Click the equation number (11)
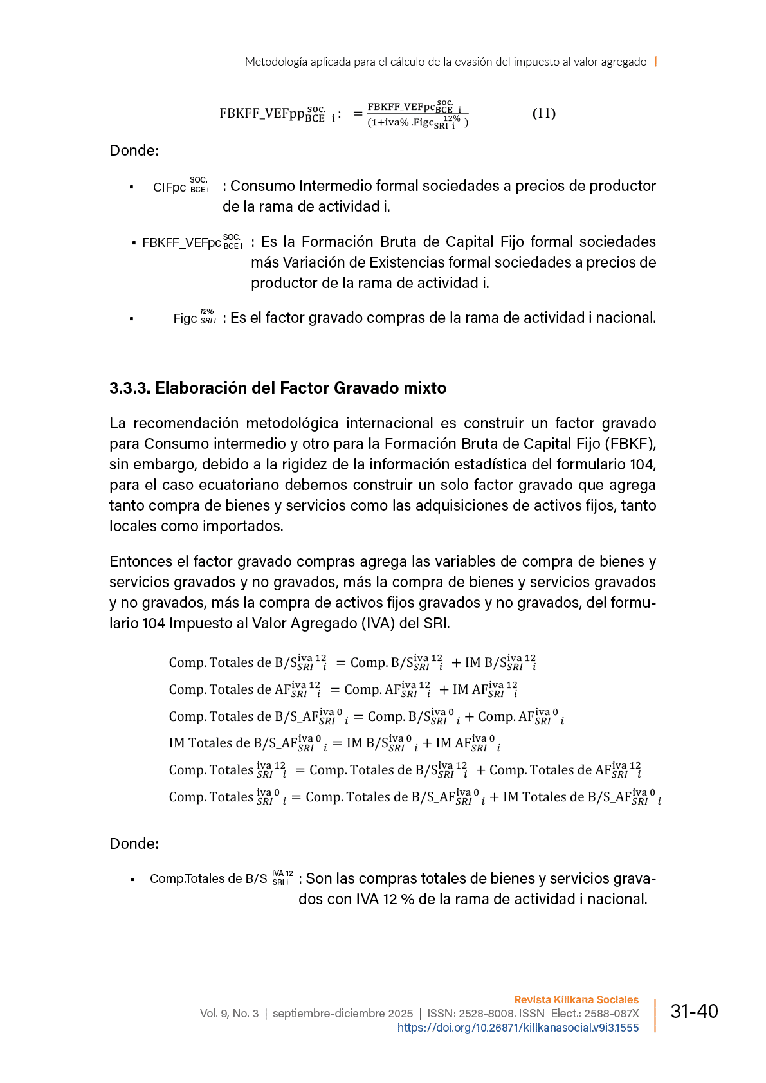point(543,114)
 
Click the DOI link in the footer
point(518,1028)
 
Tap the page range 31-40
point(694,1012)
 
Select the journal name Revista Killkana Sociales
point(576,999)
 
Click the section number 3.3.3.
point(129,388)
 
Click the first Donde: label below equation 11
point(134,150)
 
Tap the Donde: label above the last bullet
point(134,844)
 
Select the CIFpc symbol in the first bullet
point(169,188)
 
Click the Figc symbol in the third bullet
point(185,318)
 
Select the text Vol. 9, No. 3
point(229,1014)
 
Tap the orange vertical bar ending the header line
point(655,61)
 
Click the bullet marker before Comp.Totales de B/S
point(132,879)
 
